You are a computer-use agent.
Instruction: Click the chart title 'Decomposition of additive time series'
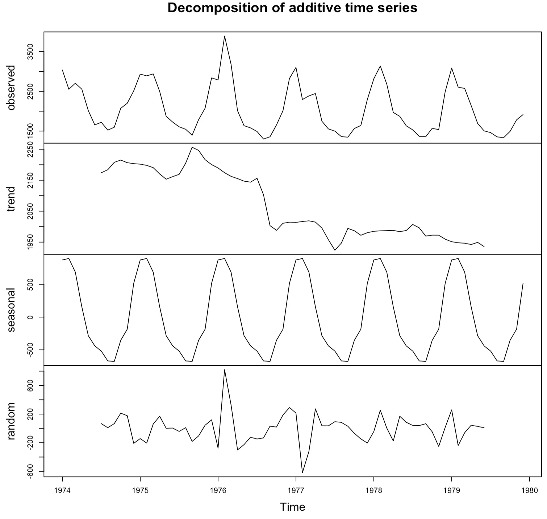[292, 8]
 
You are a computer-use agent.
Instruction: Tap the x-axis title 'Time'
[292, 507]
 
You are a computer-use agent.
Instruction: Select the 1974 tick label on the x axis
[62, 489]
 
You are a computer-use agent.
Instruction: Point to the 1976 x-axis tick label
[218, 489]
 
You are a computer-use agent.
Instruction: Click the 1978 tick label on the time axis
[373, 489]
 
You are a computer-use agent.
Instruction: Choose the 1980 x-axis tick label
[529, 489]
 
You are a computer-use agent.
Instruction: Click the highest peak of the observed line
[225, 36]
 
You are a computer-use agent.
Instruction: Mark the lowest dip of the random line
[302, 473]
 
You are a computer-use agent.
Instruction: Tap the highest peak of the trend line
[192, 147]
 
